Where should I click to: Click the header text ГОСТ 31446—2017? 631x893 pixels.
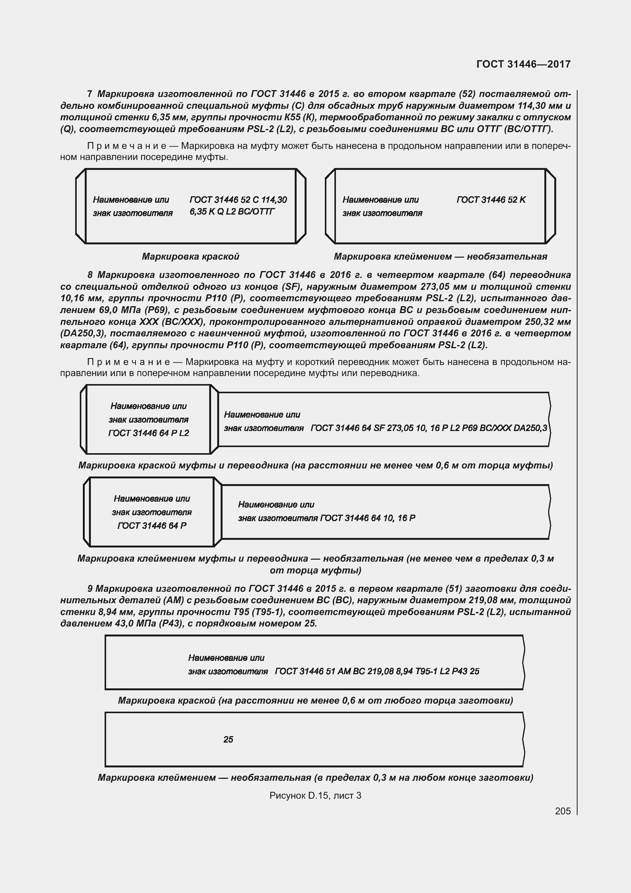click(523, 64)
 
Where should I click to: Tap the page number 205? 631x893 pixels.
click(563, 811)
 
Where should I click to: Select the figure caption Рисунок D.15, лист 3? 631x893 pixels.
click(315, 795)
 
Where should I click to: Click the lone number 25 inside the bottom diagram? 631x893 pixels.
click(228, 740)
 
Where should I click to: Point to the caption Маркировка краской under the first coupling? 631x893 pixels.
click(190, 256)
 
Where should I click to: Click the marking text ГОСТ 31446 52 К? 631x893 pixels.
click(491, 200)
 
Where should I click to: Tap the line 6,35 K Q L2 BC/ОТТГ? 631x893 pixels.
click(232, 212)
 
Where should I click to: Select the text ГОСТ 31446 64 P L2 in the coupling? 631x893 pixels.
click(148, 433)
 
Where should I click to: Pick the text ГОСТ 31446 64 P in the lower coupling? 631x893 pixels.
click(152, 525)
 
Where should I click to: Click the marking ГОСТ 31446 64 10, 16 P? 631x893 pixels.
click(368, 518)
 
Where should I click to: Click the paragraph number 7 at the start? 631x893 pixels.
click(90, 94)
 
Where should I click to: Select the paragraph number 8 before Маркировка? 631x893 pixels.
click(90, 275)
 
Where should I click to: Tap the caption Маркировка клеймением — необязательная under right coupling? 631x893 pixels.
click(440, 256)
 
